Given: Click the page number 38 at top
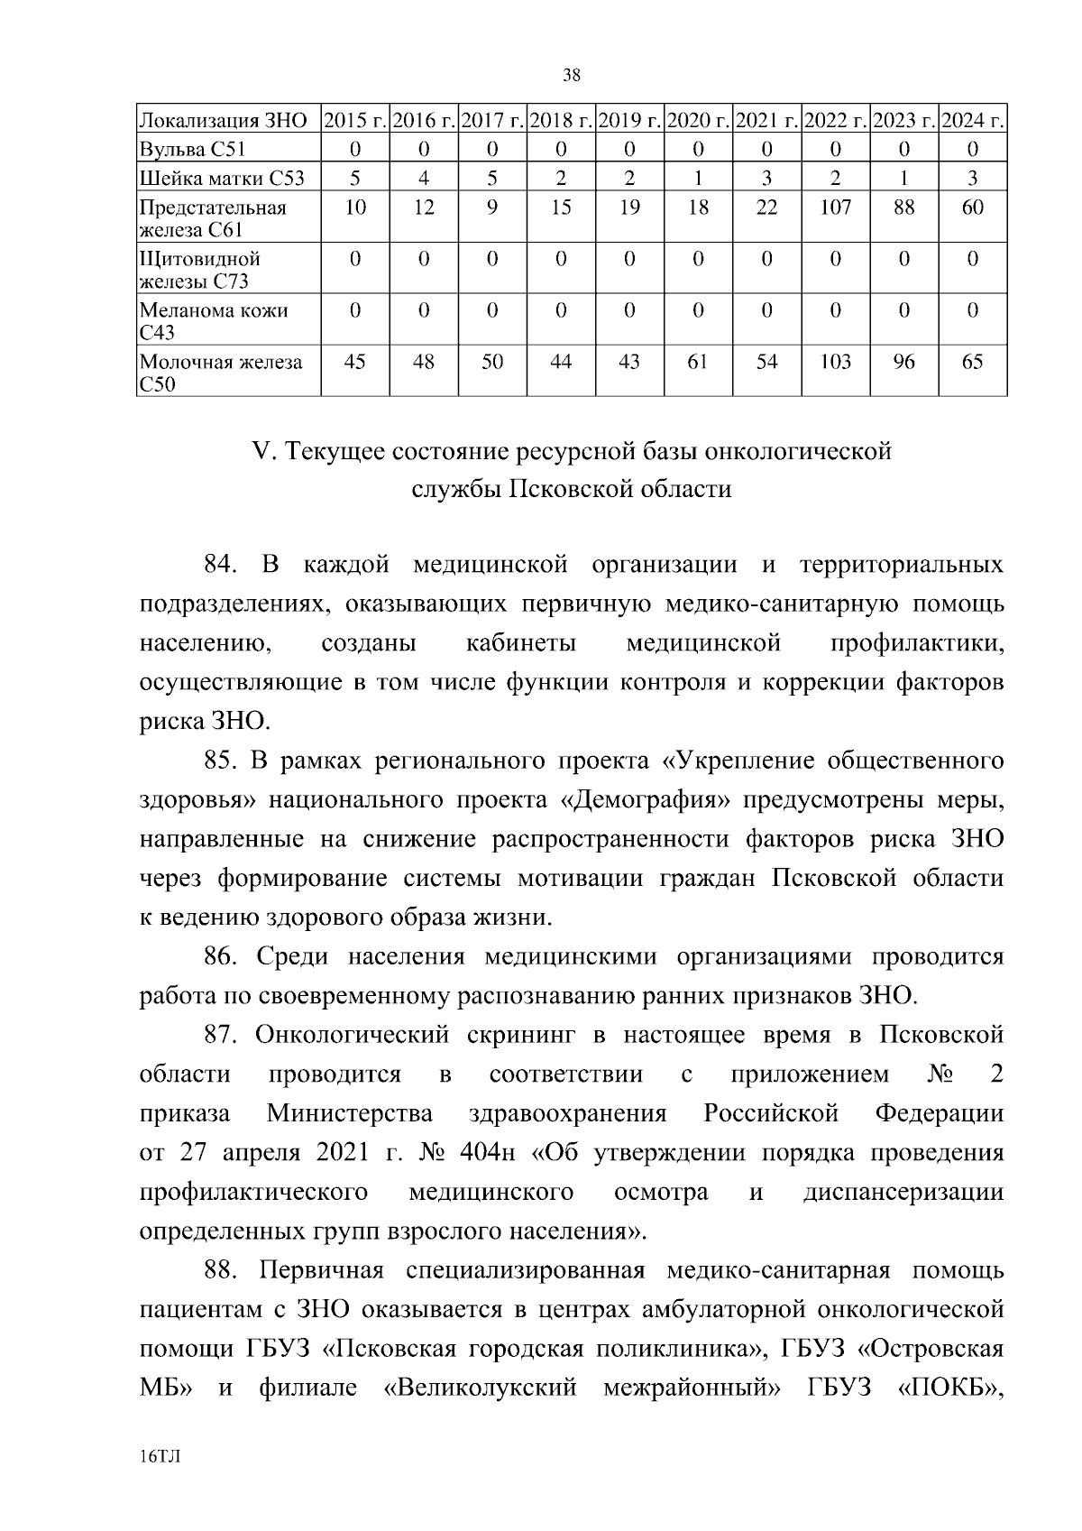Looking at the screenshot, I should coord(571,76).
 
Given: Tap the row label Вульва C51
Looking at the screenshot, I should coord(192,148).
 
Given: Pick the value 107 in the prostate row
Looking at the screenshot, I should coord(835,208).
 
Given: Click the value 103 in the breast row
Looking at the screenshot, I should coord(835,362).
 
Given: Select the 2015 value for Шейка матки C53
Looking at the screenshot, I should coord(355,178).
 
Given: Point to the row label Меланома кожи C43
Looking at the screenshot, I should coord(213,320).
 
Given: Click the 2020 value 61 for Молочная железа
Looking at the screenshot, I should coord(698,362).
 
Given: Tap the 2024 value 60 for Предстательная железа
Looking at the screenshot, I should coord(972,208).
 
